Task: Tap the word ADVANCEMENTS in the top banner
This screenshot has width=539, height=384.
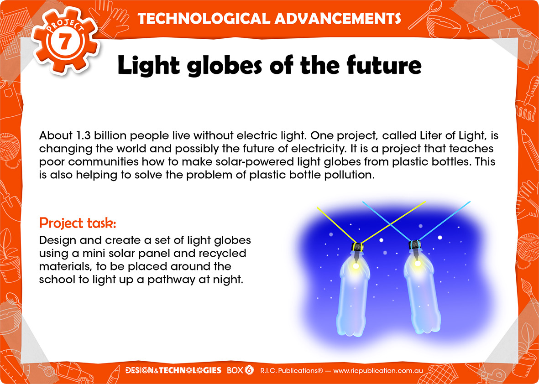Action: tap(338, 19)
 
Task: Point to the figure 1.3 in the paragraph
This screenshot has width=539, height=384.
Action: tap(81, 135)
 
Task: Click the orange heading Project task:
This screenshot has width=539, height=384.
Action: tap(78, 223)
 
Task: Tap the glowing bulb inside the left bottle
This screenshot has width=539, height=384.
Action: tap(356, 265)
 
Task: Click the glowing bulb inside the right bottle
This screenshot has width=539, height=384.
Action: tap(417, 263)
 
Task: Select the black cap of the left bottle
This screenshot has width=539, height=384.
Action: tap(357, 247)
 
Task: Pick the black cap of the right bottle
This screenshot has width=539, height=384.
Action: tap(415, 244)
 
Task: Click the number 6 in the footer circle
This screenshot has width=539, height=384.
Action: tap(249, 370)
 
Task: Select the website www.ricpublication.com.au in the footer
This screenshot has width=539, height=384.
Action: tap(378, 371)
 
